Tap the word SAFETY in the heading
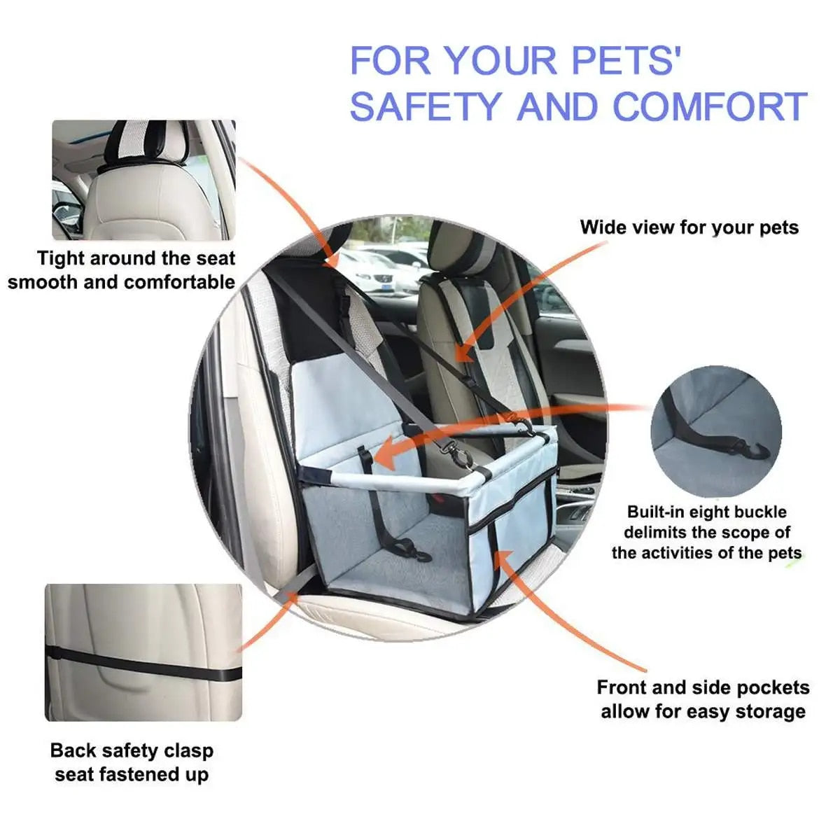[426, 107]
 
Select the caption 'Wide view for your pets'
[689, 227]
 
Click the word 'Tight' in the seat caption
[61, 258]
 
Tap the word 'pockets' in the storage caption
[773, 687]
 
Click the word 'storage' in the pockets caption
[769, 712]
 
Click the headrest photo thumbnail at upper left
[143, 180]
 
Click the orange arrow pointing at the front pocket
[560, 616]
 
